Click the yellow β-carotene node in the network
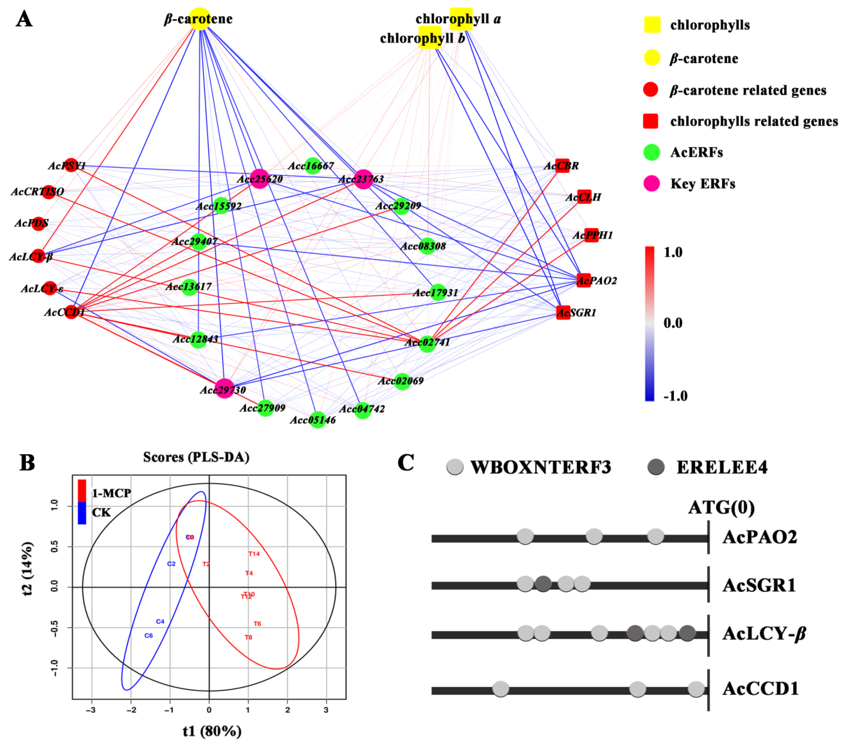(x=200, y=19)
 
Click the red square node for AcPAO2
(x=584, y=280)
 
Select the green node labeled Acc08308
(x=427, y=246)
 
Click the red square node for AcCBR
(x=562, y=166)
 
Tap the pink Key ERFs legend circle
(x=651, y=184)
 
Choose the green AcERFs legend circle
(x=651, y=152)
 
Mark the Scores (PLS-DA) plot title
(x=196, y=457)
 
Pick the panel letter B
(x=27, y=463)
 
